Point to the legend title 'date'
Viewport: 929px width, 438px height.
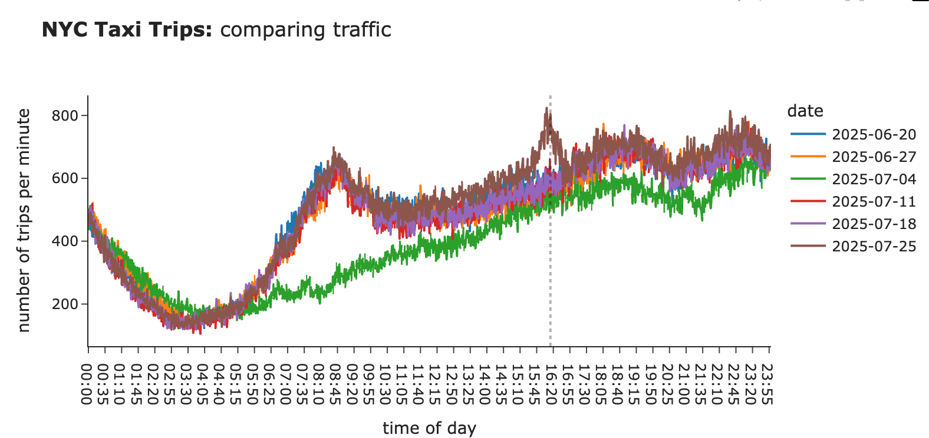805,111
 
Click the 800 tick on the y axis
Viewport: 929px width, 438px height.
65,116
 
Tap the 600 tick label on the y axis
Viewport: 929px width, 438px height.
65,178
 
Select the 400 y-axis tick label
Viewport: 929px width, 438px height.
65,241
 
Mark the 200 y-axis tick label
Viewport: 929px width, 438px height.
65,304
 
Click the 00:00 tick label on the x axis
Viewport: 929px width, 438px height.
87,383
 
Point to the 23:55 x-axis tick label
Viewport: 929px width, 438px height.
768,383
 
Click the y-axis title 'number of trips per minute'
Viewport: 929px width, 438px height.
24,221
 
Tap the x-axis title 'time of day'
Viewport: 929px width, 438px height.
429,428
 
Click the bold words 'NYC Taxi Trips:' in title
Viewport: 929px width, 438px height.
127,29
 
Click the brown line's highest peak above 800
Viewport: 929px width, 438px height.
547,108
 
